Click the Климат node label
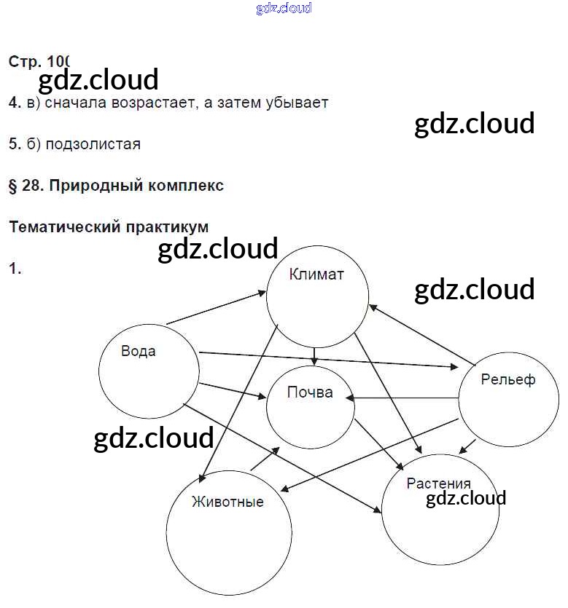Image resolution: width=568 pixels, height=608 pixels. (316, 275)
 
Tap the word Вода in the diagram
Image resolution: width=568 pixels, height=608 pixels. (139, 351)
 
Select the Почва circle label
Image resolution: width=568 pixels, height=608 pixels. (310, 392)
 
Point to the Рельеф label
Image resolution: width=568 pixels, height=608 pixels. (507, 379)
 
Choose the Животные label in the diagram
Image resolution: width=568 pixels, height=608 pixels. (227, 502)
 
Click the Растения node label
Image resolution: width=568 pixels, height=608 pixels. (438, 483)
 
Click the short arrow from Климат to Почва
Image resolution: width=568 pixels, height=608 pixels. (314, 355)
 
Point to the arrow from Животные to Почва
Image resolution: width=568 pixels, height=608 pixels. (265, 459)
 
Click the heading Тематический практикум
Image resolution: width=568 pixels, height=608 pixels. (109, 227)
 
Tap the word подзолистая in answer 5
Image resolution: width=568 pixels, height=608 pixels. (93, 144)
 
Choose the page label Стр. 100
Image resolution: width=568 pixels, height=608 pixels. (39, 62)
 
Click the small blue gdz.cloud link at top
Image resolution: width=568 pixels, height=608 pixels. (284, 9)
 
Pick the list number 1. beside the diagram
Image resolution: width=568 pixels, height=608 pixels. (15, 269)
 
